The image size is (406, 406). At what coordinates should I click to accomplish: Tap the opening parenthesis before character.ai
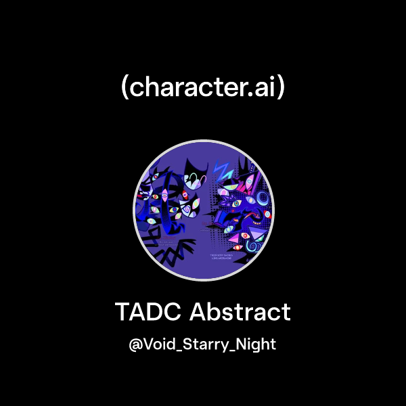coord(125,88)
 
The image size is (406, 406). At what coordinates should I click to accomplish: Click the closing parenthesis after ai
coord(281,88)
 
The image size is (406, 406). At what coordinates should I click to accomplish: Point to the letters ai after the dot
coord(265,87)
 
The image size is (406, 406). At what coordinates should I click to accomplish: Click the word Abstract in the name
coord(240,313)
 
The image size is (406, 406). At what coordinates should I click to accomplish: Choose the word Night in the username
coord(256,344)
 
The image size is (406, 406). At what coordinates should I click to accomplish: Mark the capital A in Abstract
coord(197,313)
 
